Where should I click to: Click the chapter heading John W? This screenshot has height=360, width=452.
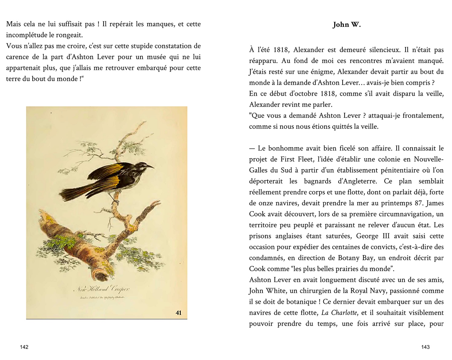347,25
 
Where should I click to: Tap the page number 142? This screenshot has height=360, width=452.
24,347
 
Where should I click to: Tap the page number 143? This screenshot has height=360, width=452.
425,347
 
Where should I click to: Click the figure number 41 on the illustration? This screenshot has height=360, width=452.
178,313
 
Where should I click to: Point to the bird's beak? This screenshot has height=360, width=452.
150,166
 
